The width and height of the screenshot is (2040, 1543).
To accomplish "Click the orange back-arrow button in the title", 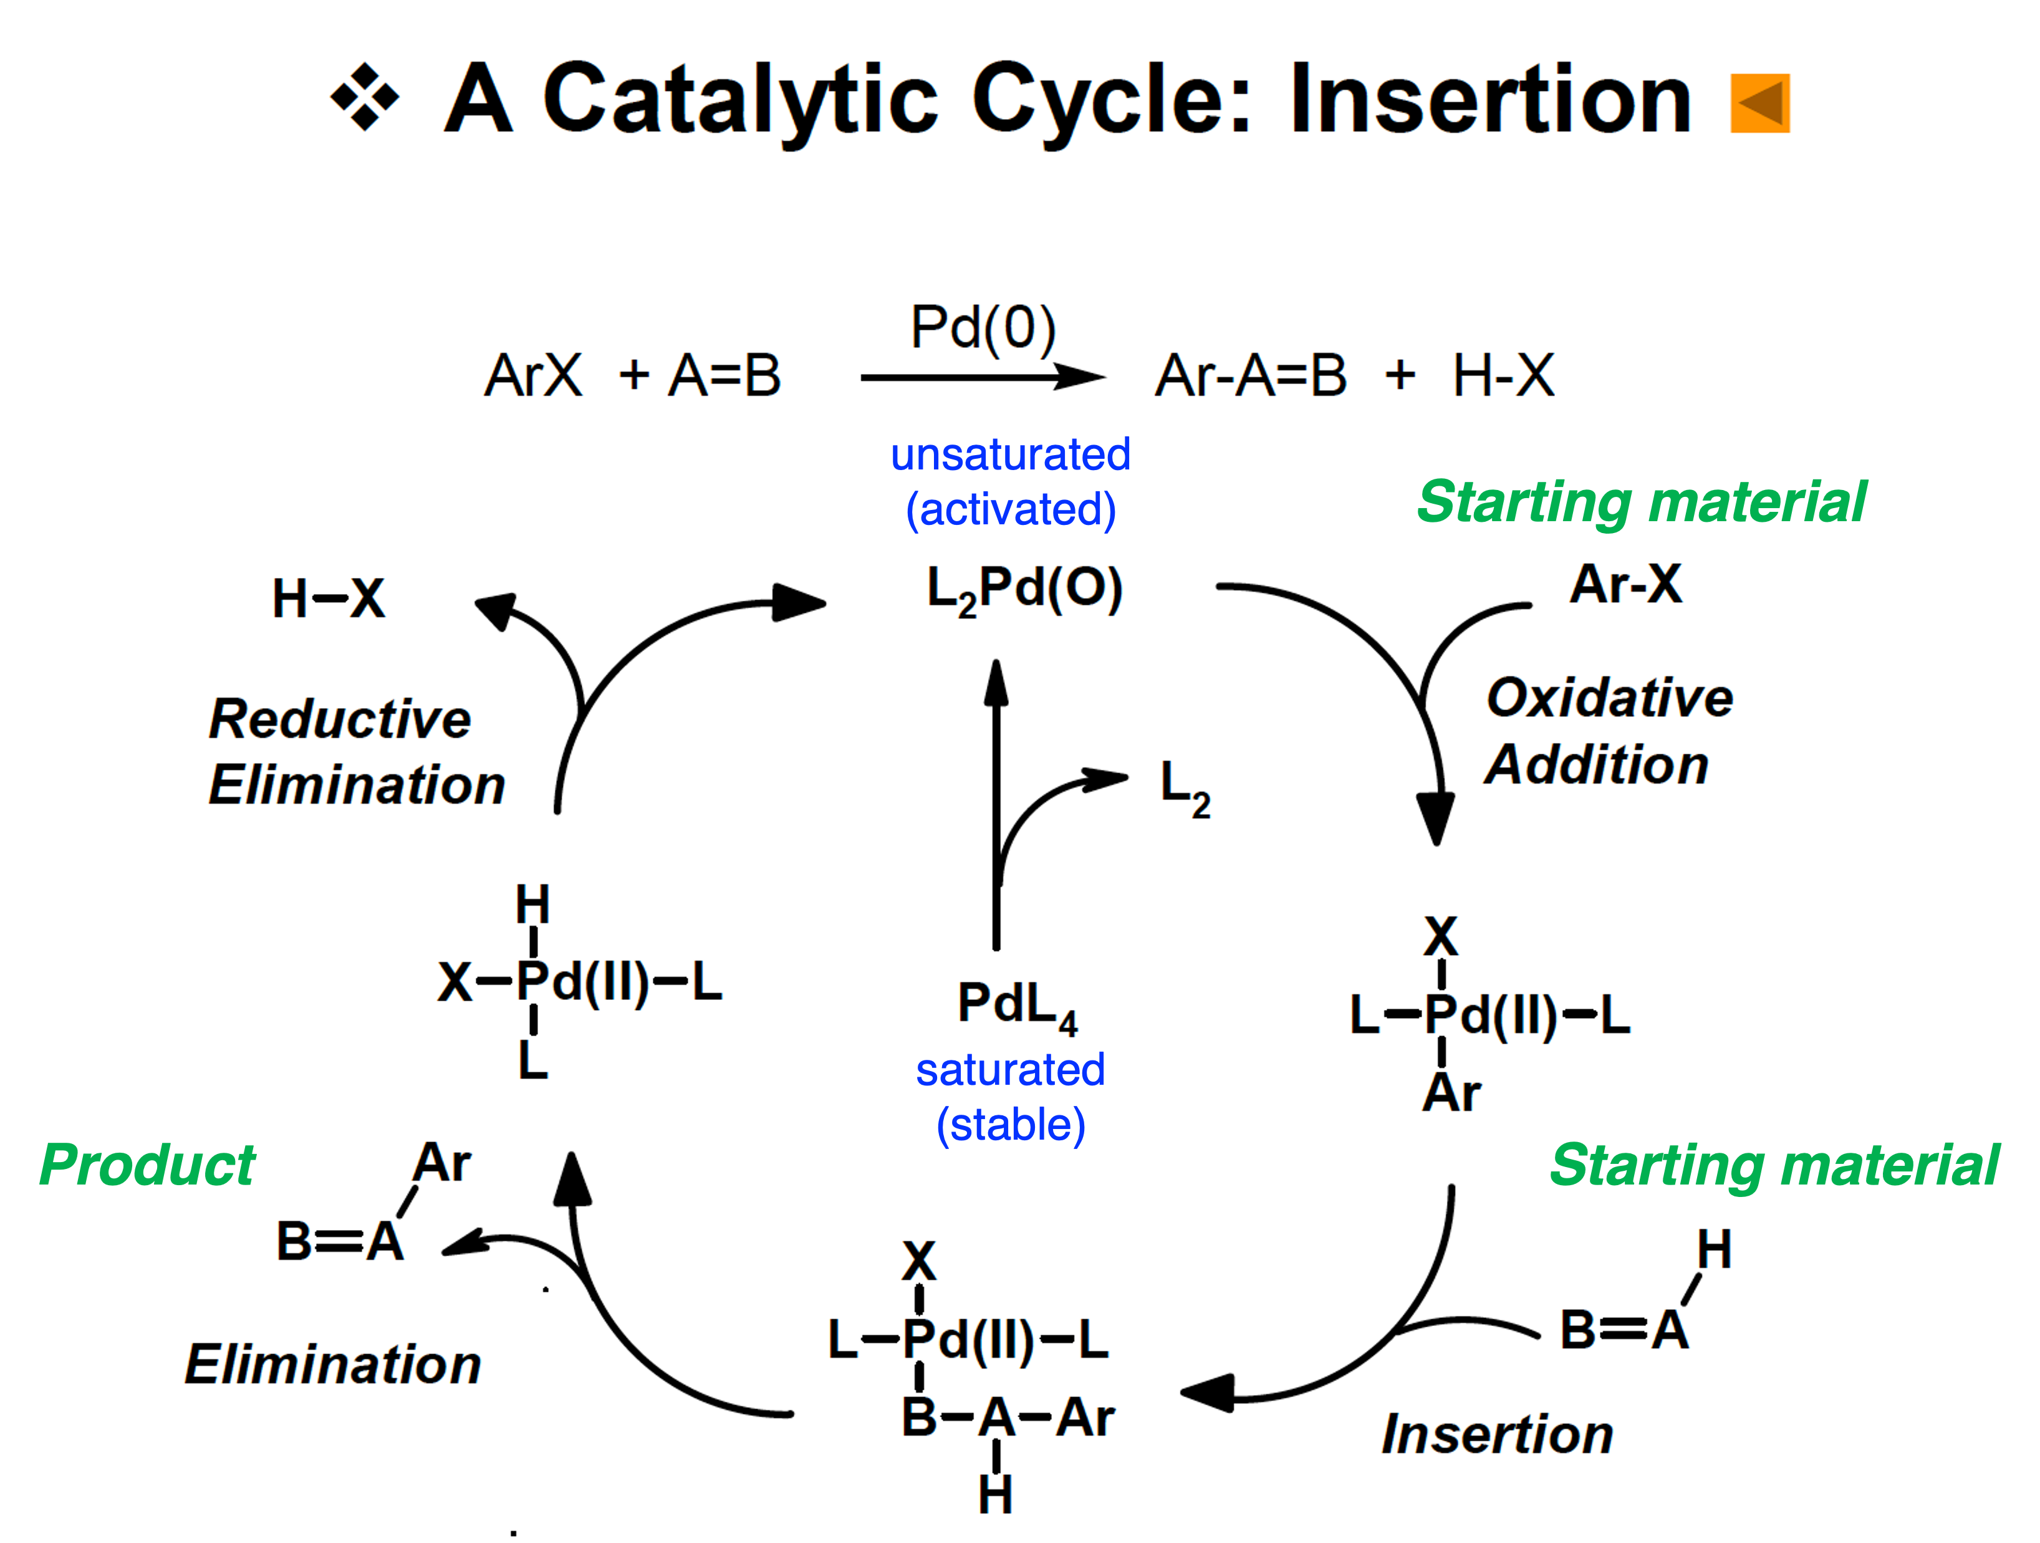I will [x=1759, y=103].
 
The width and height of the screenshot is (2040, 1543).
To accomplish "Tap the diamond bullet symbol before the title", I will [x=365, y=97].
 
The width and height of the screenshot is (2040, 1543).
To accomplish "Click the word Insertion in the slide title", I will [x=1490, y=100].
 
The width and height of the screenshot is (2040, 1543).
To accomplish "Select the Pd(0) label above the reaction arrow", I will [x=983, y=327].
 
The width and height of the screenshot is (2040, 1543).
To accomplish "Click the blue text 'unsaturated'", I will [x=1010, y=454].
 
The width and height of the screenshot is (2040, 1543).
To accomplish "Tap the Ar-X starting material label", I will [x=1626, y=584].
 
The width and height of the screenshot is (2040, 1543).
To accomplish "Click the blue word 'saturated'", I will [x=1010, y=1070].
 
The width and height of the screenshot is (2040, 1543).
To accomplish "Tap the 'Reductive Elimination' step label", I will [x=356, y=752].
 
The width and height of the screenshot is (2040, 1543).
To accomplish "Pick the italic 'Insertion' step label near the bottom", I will [x=1497, y=1434].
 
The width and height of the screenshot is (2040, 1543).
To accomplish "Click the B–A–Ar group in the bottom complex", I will [x=1007, y=1418].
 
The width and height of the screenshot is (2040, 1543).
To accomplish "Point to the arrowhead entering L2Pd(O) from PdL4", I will [x=996, y=683].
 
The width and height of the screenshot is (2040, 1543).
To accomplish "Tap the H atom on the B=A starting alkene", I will [x=1713, y=1250].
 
